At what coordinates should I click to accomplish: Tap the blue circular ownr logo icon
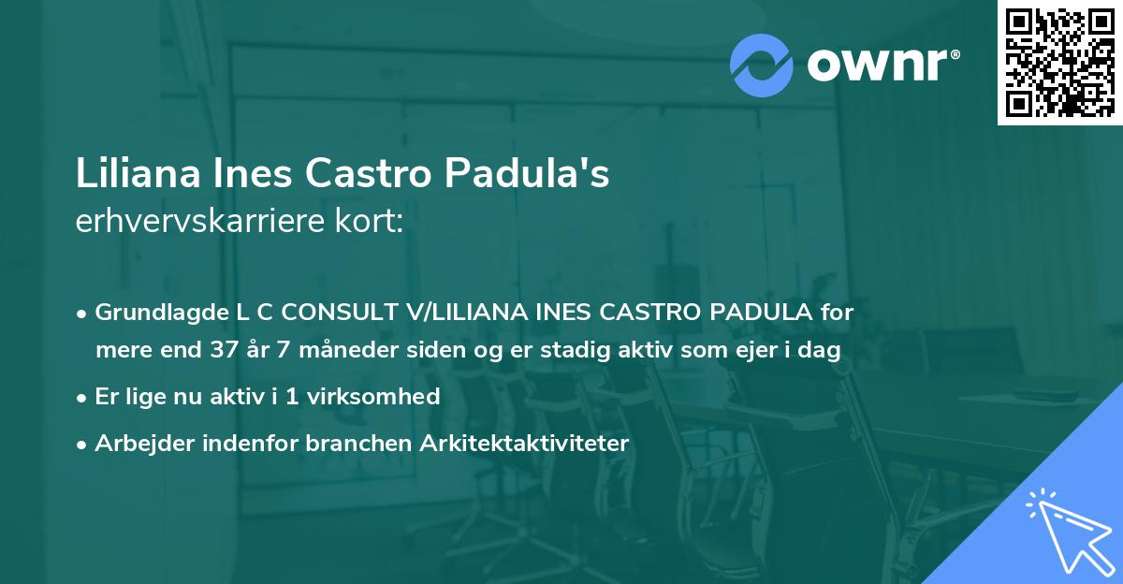point(762,66)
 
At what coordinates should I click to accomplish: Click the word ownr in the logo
point(880,66)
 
